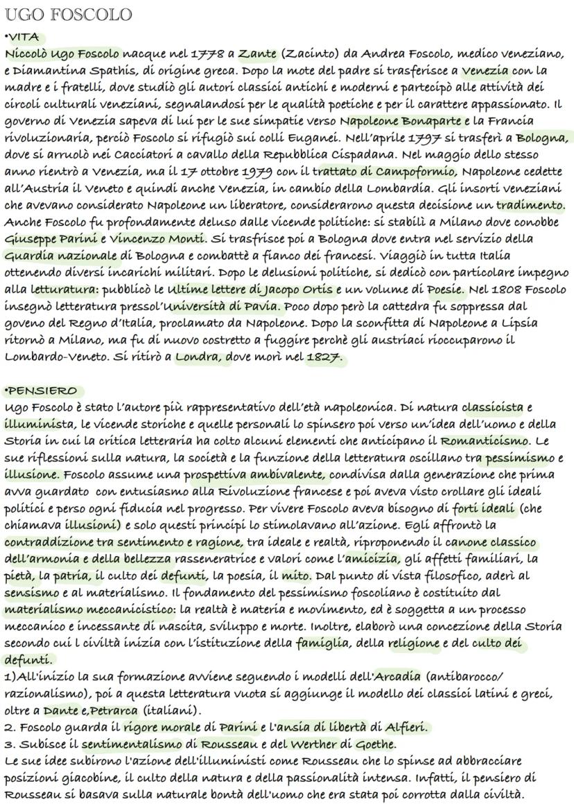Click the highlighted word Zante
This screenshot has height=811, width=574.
257,53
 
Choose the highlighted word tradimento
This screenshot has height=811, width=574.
530,205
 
